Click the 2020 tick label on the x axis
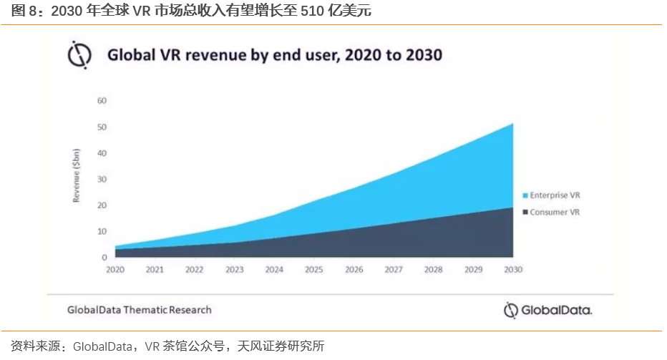coord(115,270)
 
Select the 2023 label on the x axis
coord(234,270)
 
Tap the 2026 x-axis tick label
coord(354,270)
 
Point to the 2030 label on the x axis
coord(513,270)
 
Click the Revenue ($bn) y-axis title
coord(76,176)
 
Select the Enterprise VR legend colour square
coord(525,195)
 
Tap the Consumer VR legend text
coord(555,213)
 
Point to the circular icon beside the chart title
coord(78,54)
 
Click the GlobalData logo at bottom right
coord(548,310)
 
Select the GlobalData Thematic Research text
coord(139,310)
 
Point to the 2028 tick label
coord(433,270)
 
